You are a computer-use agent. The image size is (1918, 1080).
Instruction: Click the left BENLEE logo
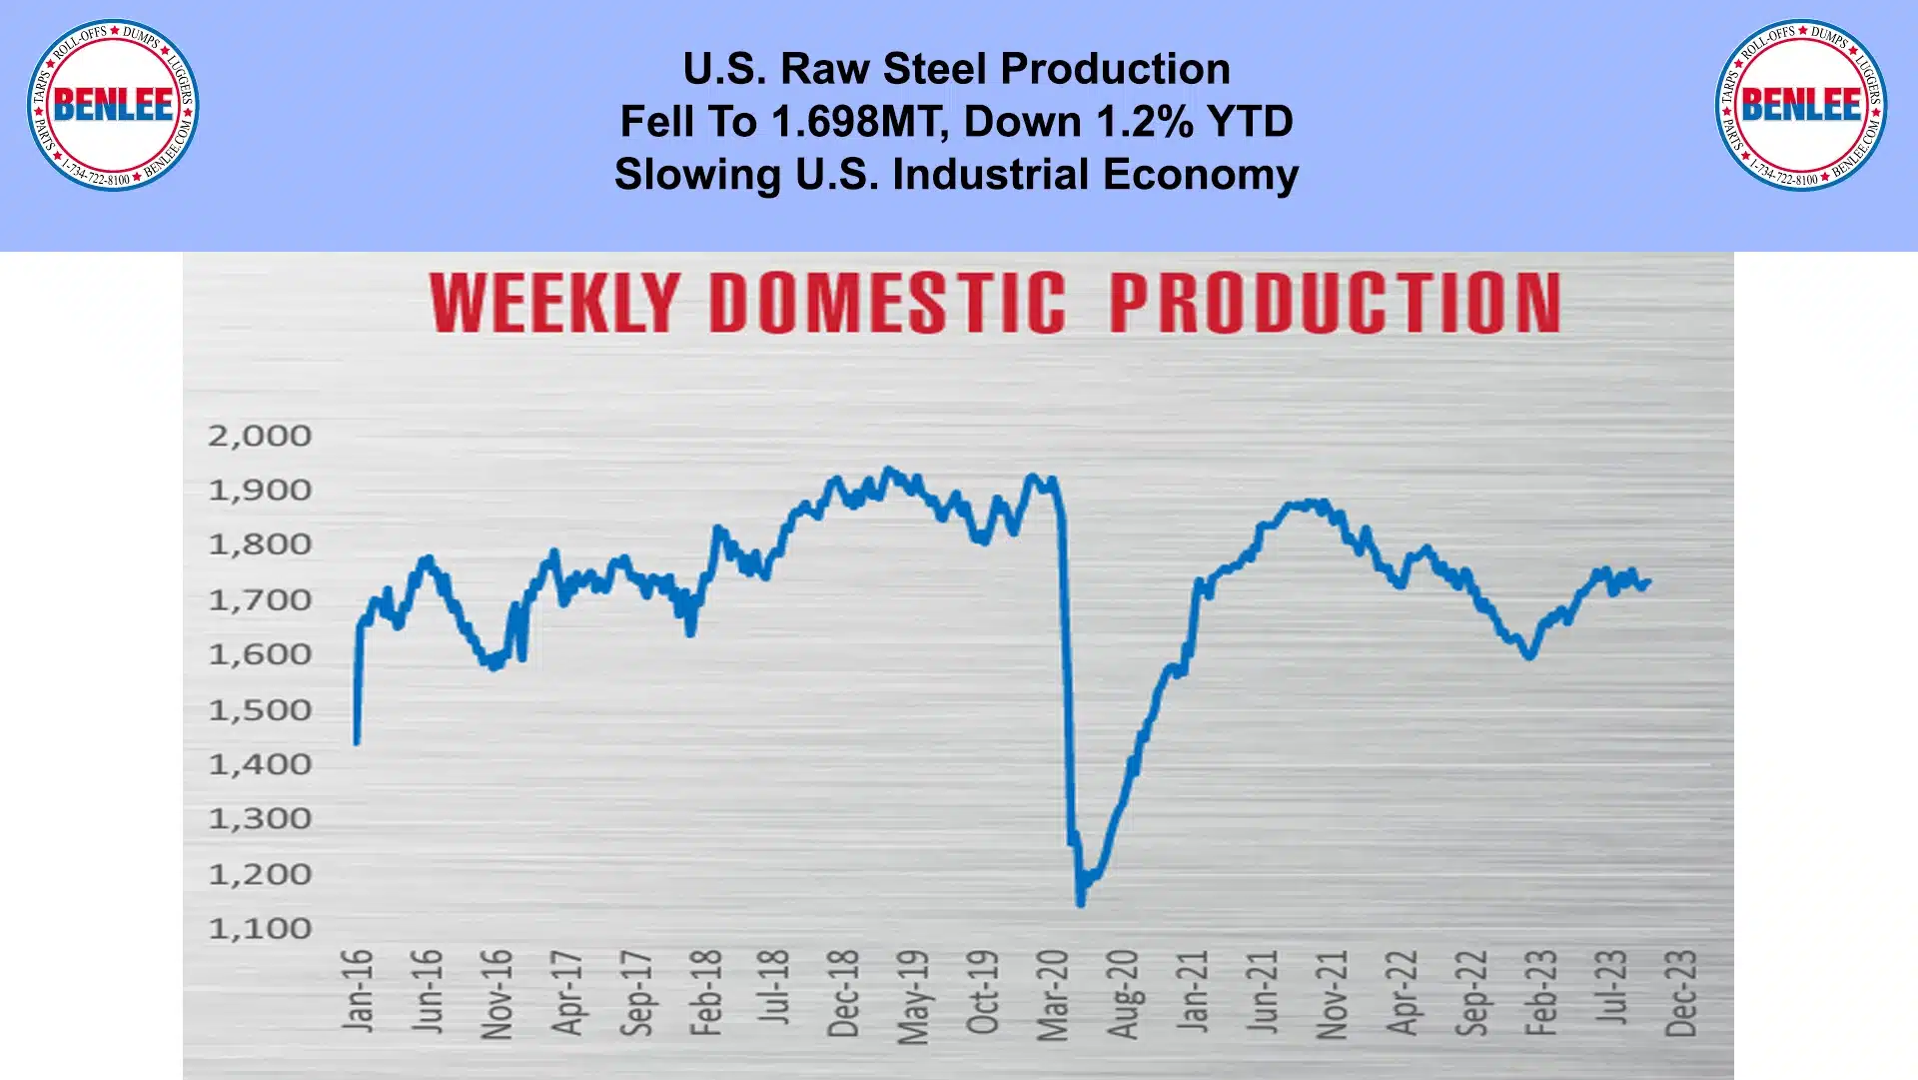click(113, 105)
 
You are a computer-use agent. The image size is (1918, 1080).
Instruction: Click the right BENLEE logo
click(1801, 105)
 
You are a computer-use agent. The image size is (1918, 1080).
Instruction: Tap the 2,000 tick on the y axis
click(260, 436)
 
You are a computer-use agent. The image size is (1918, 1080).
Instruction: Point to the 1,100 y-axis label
click(260, 929)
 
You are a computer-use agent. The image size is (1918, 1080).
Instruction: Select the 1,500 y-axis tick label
click(260, 710)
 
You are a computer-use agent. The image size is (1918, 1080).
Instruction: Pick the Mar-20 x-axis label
click(1053, 995)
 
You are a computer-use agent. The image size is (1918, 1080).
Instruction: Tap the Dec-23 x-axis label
click(1681, 993)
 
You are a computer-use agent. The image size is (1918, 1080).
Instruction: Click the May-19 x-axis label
click(913, 996)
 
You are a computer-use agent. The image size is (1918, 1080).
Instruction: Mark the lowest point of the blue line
click(1081, 903)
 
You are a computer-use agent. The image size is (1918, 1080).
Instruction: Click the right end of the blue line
click(1648, 581)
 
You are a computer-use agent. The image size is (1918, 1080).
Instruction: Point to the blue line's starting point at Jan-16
click(357, 741)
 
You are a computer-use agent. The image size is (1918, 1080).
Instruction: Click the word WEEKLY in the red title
click(555, 303)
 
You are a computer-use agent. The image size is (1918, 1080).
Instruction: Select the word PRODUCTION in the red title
click(1335, 303)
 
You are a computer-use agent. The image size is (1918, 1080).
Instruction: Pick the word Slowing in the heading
click(698, 175)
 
